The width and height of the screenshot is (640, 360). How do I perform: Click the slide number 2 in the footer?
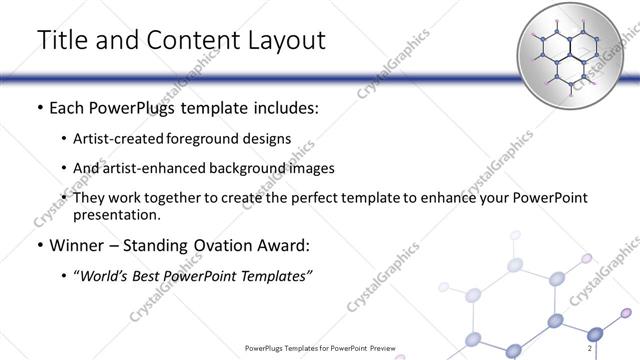tap(591, 348)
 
